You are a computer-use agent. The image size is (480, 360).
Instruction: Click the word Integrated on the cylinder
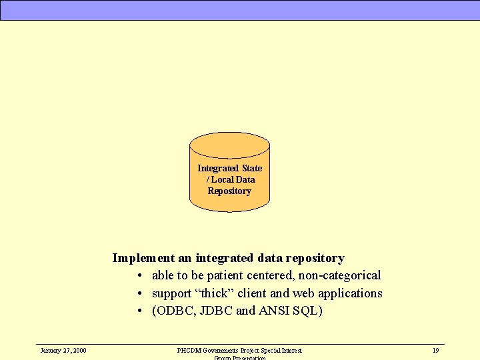coord(218,168)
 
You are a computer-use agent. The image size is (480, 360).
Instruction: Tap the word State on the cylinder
coord(252,168)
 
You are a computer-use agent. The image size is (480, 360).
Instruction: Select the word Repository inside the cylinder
coord(229,191)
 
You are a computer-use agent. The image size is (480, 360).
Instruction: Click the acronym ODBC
coord(175,311)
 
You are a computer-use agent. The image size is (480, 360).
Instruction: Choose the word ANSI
coord(276,311)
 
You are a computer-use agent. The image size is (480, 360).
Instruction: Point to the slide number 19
coord(435,350)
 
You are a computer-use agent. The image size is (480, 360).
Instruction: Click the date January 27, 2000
coord(63,350)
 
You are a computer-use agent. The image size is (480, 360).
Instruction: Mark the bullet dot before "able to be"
coord(140,276)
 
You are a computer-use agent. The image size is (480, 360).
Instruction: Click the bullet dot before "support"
coord(140,294)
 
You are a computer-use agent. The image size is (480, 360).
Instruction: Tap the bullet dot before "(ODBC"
coord(140,311)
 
